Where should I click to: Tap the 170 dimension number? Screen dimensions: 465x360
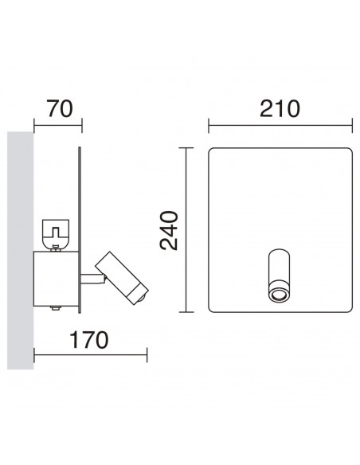pos(85,341)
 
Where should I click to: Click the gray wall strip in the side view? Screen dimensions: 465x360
pos(20,255)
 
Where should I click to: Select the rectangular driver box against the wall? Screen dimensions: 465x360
pos(56,279)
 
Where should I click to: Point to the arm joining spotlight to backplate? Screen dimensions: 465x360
pos(91,279)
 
